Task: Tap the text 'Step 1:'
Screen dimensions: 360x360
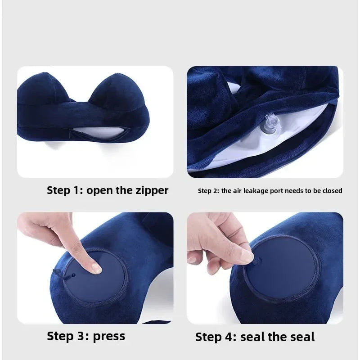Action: coord(65,190)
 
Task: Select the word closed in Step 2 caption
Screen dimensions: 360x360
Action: coord(332,191)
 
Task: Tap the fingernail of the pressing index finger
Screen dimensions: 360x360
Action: coord(96,268)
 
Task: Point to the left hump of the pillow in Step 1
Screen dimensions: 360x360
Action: coord(43,90)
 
